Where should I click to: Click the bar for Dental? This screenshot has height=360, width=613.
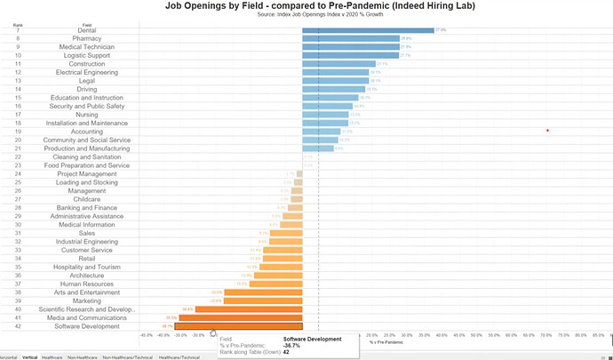click(367, 30)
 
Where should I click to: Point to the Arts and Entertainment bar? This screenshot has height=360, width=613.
click(263, 292)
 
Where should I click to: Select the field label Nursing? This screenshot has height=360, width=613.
click(86, 115)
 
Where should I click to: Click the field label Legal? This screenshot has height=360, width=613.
click(86, 81)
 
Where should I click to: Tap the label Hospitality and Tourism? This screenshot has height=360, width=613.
click(86, 267)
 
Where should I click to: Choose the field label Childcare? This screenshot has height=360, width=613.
click(86, 199)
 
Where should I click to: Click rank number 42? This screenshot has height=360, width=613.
click(18, 326)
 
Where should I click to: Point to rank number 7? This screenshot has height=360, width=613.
click(18, 30)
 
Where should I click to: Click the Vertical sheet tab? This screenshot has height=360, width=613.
click(29, 356)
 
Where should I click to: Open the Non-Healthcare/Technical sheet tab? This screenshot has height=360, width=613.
click(127, 356)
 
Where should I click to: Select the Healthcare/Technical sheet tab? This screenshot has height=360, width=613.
click(179, 356)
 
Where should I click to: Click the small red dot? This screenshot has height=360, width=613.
click(547, 131)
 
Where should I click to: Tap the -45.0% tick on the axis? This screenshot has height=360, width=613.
click(146, 336)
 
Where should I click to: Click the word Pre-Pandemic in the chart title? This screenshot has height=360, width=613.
click(375, 6)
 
